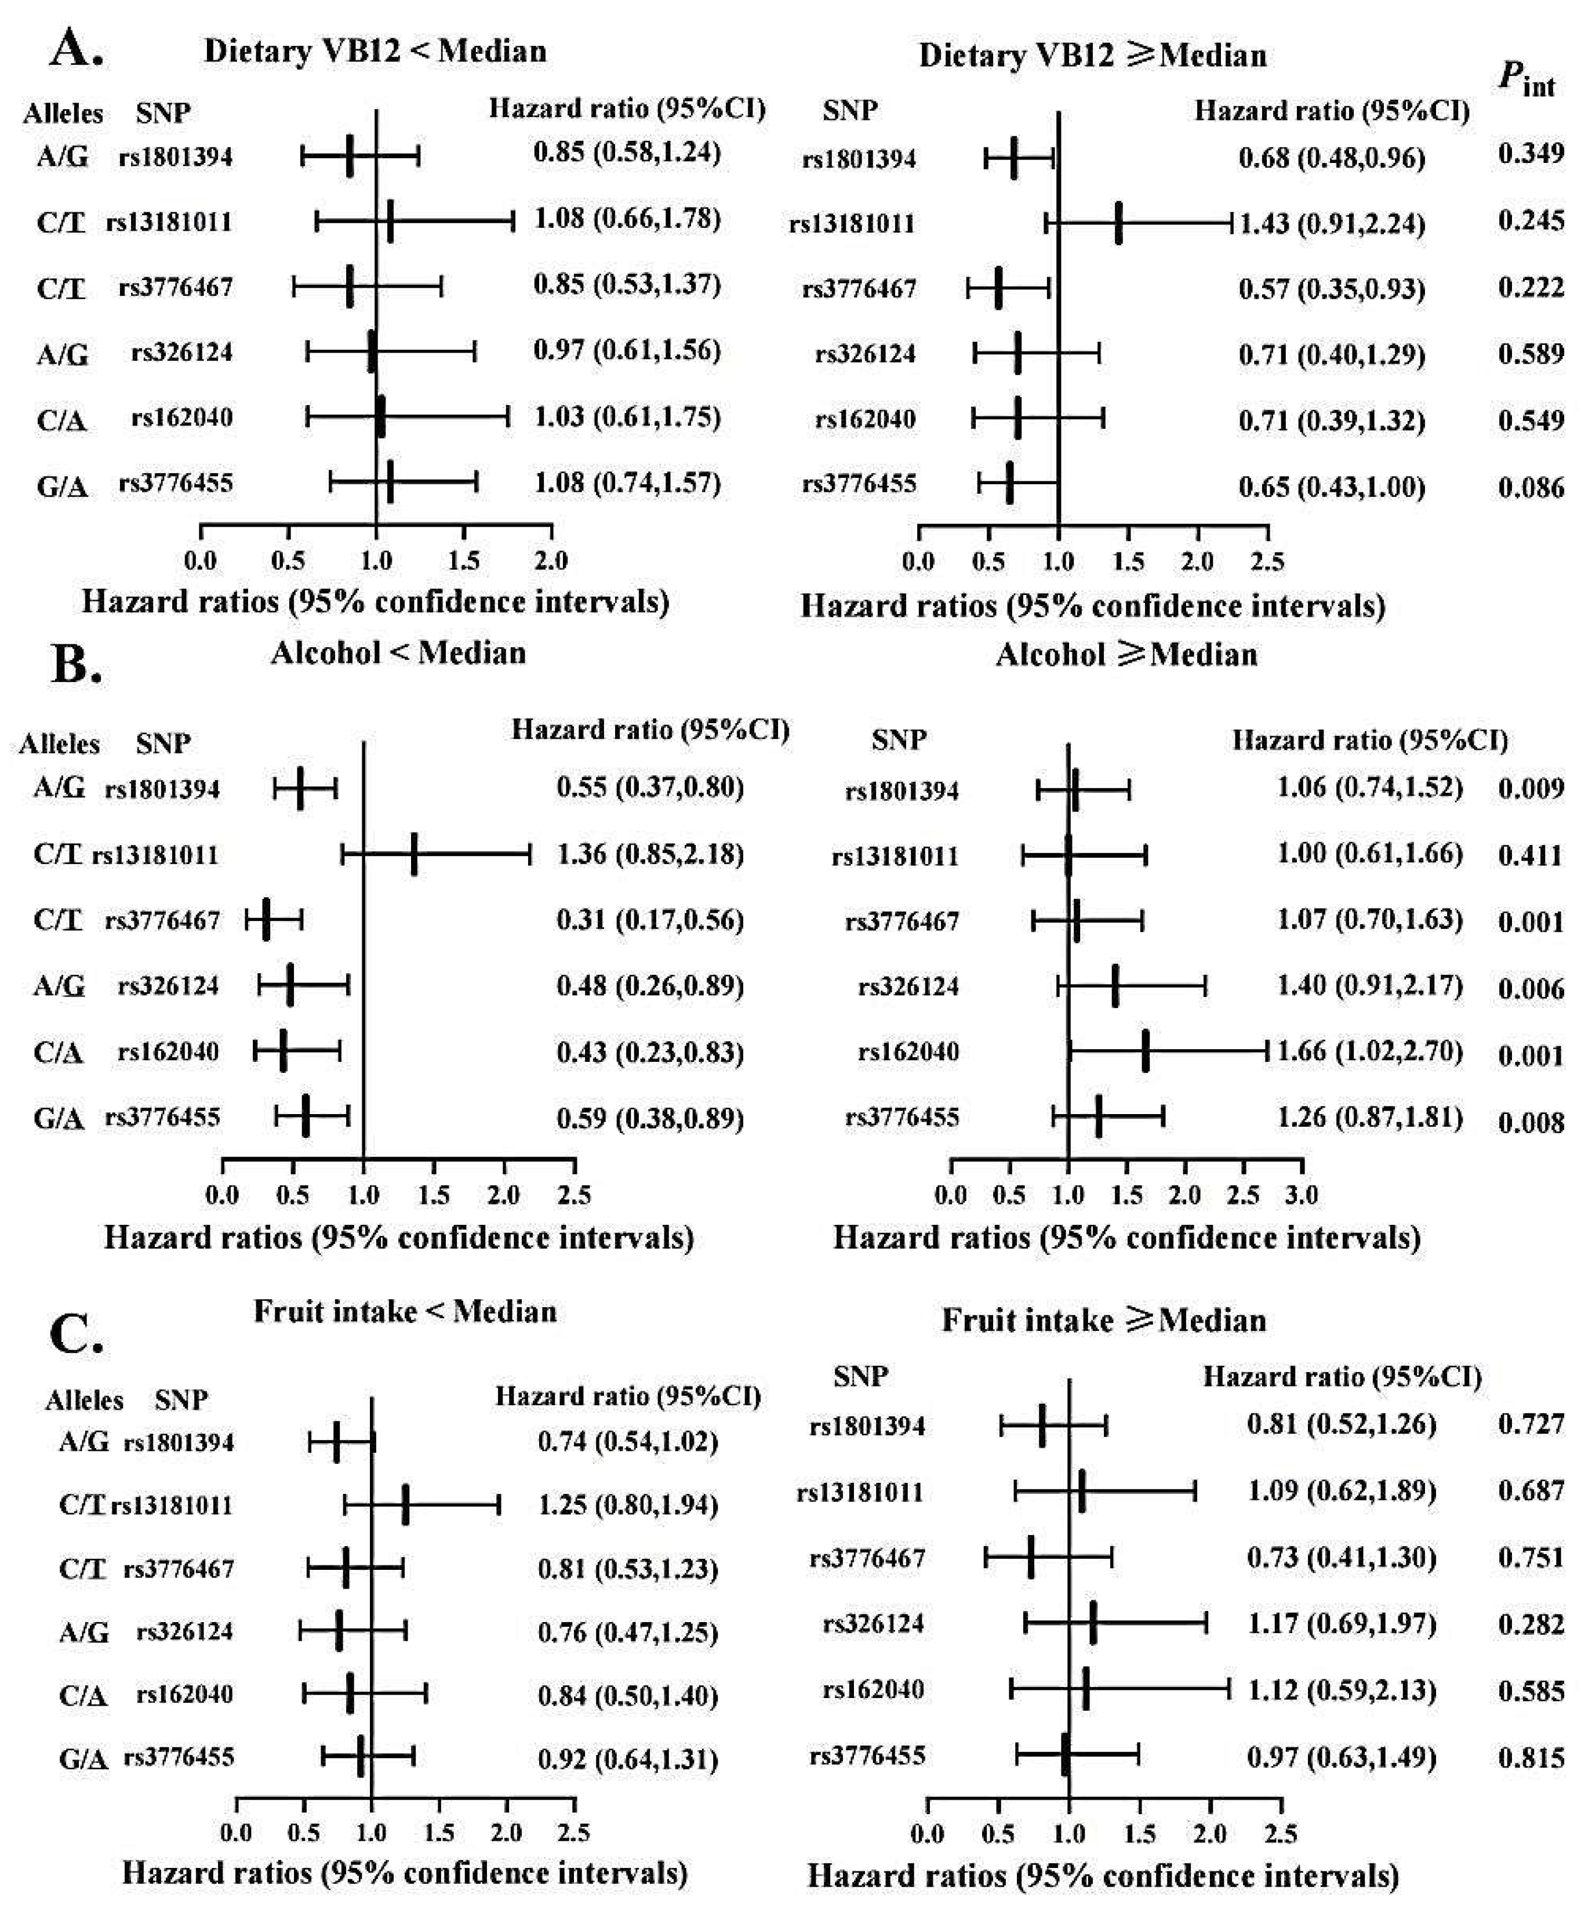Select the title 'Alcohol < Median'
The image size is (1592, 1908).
click(398, 652)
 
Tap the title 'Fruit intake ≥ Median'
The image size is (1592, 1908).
click(1103, 1319)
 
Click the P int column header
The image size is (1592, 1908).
click(1526, 82)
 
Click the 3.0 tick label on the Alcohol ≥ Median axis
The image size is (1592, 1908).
click(1302, 1194)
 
